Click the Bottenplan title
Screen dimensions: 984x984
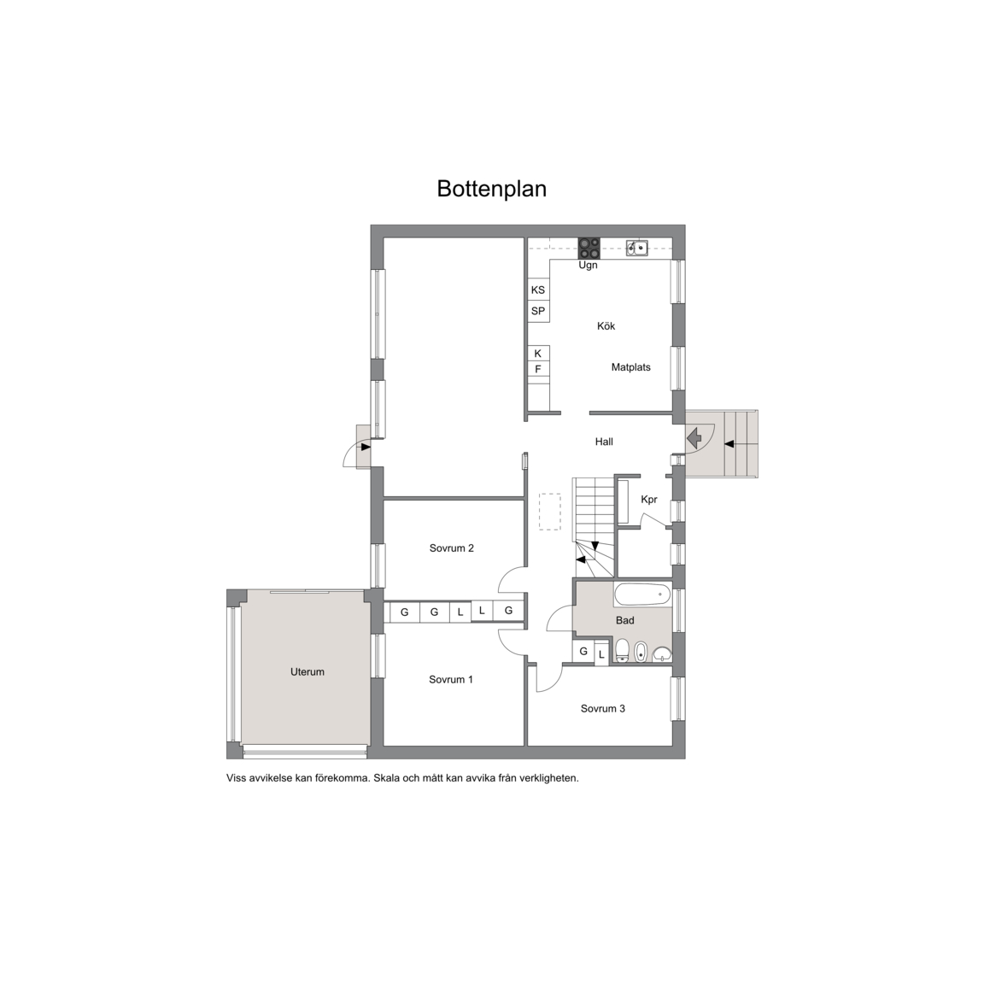[491, 189]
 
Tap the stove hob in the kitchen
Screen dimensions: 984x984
[589, 249]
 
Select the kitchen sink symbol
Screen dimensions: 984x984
[637, 248]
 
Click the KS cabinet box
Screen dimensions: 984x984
[538, 290]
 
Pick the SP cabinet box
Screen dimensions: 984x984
[538, 311]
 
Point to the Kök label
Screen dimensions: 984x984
[606, 326]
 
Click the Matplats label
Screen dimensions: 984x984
[630, 367]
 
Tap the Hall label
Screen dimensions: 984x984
[604, 442]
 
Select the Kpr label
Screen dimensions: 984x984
[649, 500]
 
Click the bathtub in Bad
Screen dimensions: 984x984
[642, 594]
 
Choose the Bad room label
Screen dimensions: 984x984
[624, 620]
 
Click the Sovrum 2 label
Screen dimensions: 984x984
[451, 548]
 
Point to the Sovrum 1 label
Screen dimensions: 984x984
[451, 679]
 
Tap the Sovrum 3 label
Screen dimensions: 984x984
[602, 708]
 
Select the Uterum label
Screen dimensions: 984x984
[307, 671]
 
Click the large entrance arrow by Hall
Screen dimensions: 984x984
[694, 437]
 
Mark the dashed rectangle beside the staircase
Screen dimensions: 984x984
[550, 512]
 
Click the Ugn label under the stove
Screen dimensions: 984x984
[588, 266]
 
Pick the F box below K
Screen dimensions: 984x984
[538, 369]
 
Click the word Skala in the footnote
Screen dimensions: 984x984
[387, 778]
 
